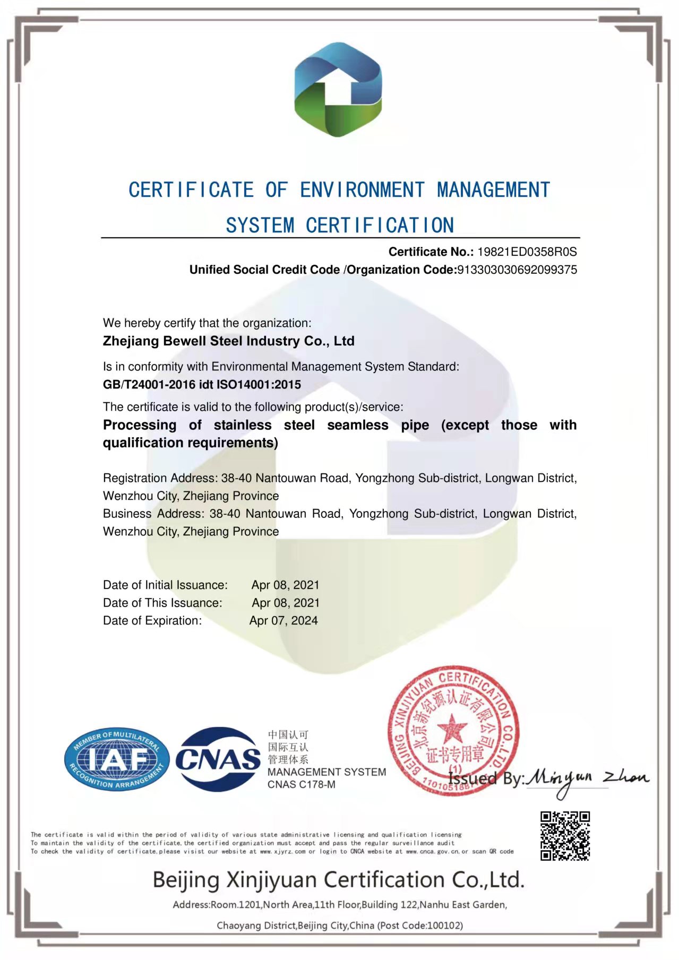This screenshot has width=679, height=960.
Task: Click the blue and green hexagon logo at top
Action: pyautogui.click(x=338, y=89)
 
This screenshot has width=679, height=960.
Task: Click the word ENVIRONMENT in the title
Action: pyautogui.click(x=362, y=190)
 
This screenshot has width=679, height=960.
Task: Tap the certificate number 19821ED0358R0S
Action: pyautogui.click(x=527, y=252)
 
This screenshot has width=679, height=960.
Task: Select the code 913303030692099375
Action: pyautogui.click(x=517, y=270)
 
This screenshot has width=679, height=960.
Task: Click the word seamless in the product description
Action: pyautogui.click(x=357, y=425)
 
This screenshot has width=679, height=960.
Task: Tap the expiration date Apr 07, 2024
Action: pyautogui.click(x=283, y=620)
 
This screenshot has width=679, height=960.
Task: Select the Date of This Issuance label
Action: pyautogui.click(x=162, y=603)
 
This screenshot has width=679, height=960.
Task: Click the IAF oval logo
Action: pyautogui.click(x=117, y=759)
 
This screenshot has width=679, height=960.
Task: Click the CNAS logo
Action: pyautogui.click(x=218, y=759)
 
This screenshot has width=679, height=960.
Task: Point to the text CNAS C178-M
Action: pyautogui.click(x=301, y=784)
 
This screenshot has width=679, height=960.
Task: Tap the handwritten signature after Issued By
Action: pyautogui.click(x=587, y=779)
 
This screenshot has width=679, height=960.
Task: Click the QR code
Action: pyautogui.click(x=565, y=835)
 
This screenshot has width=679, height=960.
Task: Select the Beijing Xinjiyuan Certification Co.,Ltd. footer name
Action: pyautogui.click(x=338, y=880)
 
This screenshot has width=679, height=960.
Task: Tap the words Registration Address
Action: pyautogui.click(x=159, y=478)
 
